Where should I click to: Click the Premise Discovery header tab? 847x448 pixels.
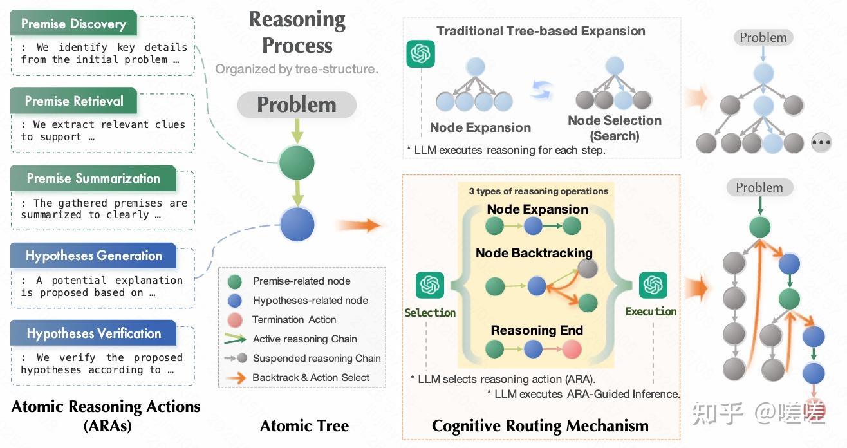(x=73, y=24)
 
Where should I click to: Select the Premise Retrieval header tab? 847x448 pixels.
(x=74, y=101)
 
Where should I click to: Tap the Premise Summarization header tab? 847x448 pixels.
(x=93, y=178)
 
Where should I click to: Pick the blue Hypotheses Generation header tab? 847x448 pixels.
(x=93, y=256)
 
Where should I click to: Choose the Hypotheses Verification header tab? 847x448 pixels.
(x=93, y=333)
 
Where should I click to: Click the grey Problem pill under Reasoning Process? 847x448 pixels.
(x=297, y=105)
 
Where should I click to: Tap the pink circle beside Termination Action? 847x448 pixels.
(x=236, y=320)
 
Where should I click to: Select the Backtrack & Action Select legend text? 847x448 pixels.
(x=311, y=377)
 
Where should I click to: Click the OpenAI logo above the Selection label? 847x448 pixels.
(x=430, y=285)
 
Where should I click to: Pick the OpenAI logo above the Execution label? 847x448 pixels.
(x=653, y=285)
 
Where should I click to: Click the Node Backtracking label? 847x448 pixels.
(x=534, y=253)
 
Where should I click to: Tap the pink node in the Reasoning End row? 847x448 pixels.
(x=571, y=350)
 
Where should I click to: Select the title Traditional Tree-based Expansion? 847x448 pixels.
(x=541, y=31)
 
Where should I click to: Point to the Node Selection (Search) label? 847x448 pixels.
(x=615, y=127)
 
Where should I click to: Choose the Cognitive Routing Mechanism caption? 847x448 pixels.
(x=540, y=425)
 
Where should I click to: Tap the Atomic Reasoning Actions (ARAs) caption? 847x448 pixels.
(x=106, y=415)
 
